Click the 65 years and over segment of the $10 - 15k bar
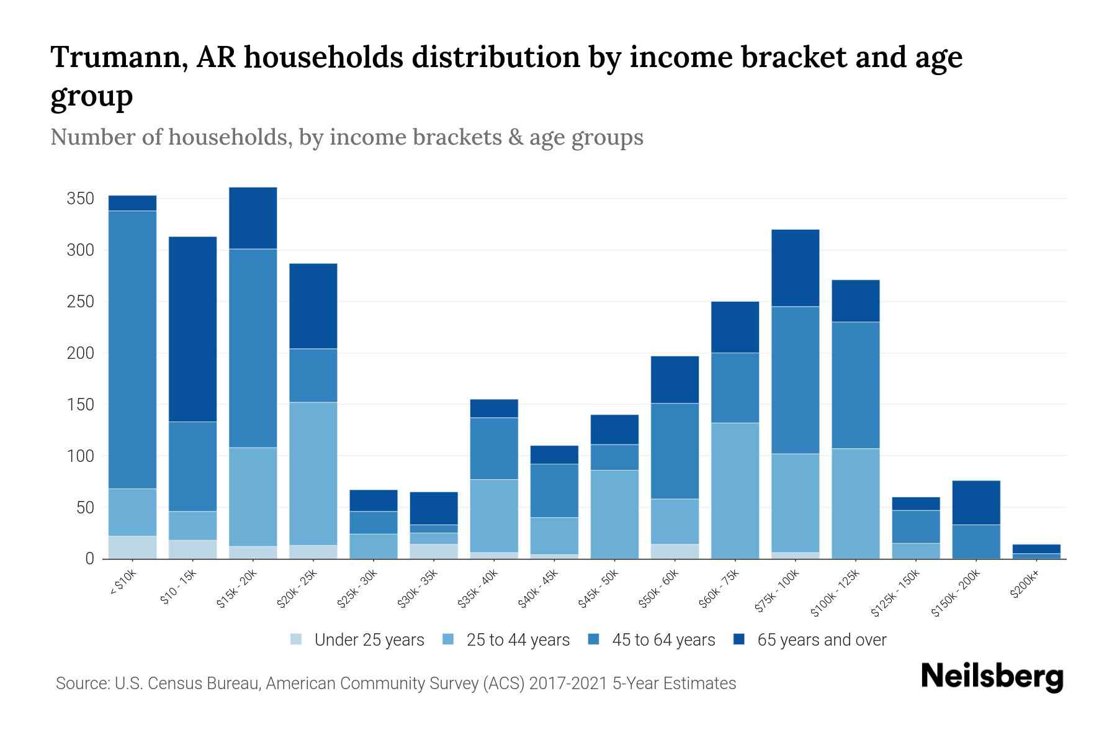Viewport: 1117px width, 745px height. click(x=192, y=329)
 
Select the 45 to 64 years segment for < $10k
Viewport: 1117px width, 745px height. click(x=132, y=350)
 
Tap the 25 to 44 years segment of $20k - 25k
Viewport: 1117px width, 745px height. click(x=313, y=473)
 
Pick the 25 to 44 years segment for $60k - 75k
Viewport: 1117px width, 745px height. click(x=735, y=490)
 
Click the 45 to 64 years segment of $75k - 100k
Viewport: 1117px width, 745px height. click(x=795, y=380)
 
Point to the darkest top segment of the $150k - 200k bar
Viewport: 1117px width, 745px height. click(x=976, y=502)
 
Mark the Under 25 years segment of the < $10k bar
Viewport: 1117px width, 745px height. click(x=132, y=547)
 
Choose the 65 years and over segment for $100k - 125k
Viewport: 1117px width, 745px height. click(x=855, y=300)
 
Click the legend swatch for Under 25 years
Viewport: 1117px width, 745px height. click(x=296, y=639)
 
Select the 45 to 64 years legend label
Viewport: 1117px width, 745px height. click(x=663, y=640)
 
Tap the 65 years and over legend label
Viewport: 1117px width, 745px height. click(x=822, y=640)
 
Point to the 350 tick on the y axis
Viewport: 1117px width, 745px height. click(x=81, y=199)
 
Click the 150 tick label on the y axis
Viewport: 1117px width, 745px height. click(x=81, y=405)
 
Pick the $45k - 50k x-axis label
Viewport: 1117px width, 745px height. click(x=598, y=590)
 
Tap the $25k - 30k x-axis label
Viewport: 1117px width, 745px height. click(x=357, y=590)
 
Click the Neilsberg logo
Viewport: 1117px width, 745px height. click(x=992, y=677)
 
